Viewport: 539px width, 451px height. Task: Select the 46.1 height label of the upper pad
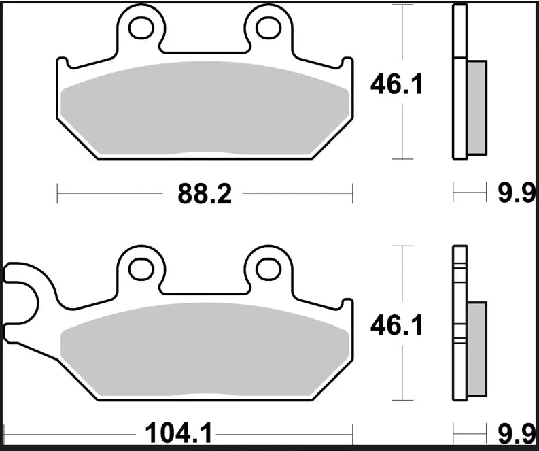tap(396, 85)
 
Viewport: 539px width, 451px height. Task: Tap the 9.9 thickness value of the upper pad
tap(514, 195)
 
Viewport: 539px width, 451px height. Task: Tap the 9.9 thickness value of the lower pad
tap(514, 431)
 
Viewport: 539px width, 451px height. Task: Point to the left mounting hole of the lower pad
tap(141, 267)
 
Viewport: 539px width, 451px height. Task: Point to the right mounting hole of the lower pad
tap(268, 267)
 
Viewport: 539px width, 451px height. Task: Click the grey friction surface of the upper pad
tap(204, 112)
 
